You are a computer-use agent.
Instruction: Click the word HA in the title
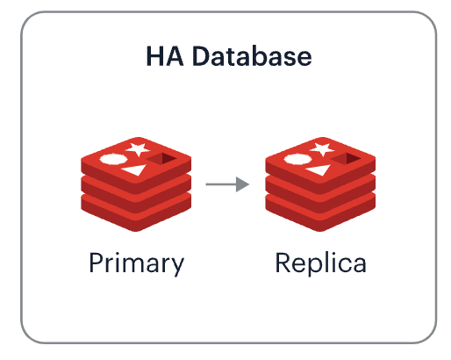pos(165,56)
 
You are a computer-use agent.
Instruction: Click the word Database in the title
pos(252,56)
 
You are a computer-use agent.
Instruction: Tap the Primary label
pos(137,263)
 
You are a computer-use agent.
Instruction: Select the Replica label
pos(320,263)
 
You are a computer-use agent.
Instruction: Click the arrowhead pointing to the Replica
pos(242,184)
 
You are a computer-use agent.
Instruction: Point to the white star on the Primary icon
pos(138,148)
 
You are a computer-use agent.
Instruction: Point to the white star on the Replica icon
pos(322,148)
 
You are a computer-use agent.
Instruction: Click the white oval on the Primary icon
pos(113,159)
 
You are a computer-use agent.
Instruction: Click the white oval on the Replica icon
pos(297,159)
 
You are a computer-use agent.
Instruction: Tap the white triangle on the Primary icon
pos(135,169)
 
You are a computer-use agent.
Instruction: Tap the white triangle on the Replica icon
pos(319,169)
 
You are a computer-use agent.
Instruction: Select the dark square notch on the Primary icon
pos(161,159)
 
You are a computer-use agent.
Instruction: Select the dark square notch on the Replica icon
pos(346,159)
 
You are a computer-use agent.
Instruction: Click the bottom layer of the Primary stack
pos(136,217)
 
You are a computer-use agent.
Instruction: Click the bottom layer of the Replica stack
pos(320,217)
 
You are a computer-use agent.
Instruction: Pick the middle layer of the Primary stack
pos(136,198)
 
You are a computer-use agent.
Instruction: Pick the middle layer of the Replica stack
pos(320,198)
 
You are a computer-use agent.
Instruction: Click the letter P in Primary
pos(96,263)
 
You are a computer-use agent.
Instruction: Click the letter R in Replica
pos(283,263)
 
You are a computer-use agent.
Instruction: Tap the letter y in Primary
pos(176,267)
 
